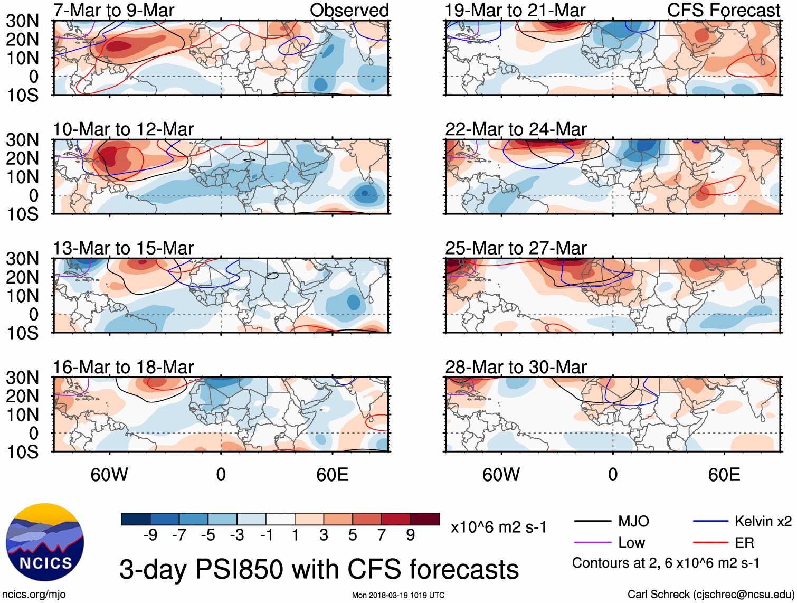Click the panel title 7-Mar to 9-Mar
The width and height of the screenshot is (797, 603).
click(x=113, y=10)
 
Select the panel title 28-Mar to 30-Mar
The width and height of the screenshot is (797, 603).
click(x=516, y=366)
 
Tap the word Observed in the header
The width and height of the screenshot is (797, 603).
click(x=349, y=10)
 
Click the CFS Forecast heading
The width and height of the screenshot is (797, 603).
click(x=723, y=10)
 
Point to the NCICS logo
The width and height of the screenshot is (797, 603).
click(x=45, y=542)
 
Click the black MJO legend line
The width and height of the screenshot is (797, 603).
click(x=593, y=521)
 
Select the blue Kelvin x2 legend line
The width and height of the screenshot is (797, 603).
click(x=710, y=521)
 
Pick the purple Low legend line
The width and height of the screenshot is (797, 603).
click(x=593, y=542)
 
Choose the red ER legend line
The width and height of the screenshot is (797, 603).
click(x=710, y=542)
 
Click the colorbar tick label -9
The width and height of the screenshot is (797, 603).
click(x=150, y=535)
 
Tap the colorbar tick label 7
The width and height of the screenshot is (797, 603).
click(x=382, y=535)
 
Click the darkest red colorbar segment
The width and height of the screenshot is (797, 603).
click(x=425, y=519)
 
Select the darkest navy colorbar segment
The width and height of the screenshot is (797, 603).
click(x=136, y=519)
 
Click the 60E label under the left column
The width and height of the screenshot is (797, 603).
click(x=332, y=475)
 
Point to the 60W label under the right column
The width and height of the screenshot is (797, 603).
click(x=501, y=475)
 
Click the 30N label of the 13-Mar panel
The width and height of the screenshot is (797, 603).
click(x=23, y=259)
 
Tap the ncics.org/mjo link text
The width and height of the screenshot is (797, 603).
click(x=34, y=594)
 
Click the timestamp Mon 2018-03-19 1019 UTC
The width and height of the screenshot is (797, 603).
click(x=398, y=595)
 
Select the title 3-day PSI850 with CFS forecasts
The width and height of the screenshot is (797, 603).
click(x=319, y=569)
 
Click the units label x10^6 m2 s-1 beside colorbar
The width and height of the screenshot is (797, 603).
click(x=498, y=527)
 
